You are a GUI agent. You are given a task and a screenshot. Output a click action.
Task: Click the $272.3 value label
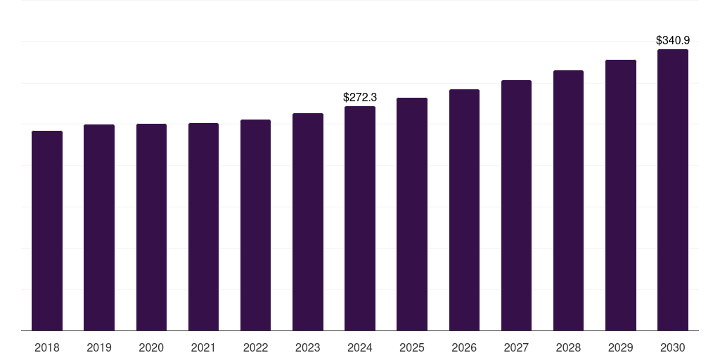360,97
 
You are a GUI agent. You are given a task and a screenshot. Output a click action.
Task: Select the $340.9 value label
673,40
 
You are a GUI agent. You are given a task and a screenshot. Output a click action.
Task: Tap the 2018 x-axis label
47,347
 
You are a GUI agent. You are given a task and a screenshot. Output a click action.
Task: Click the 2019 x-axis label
99,347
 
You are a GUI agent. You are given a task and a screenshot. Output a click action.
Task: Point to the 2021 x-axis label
203,347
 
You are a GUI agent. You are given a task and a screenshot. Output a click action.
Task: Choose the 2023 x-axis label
307,347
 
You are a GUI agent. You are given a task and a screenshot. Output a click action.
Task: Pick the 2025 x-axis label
412,347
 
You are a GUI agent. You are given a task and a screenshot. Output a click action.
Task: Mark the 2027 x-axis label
516,347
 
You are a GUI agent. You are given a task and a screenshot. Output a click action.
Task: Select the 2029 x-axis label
620,347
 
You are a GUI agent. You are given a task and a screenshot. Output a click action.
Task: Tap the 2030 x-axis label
673,347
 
